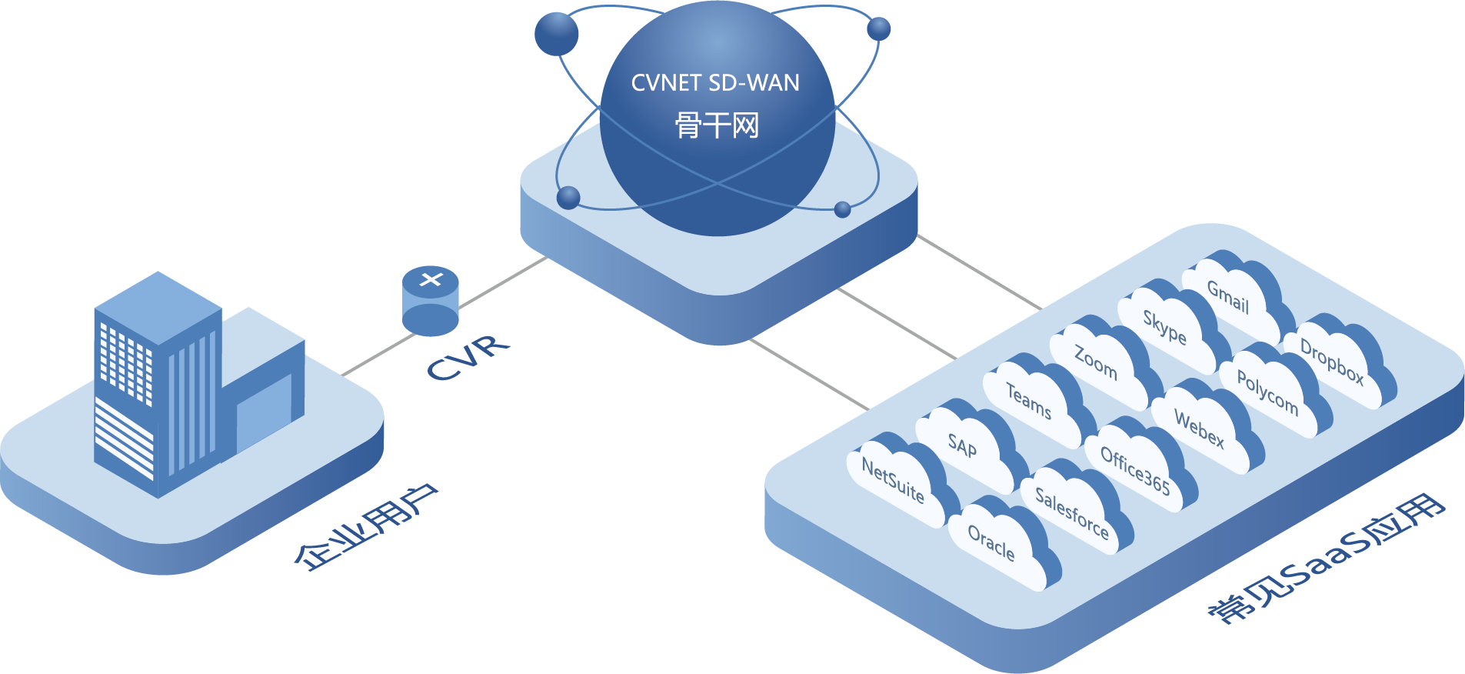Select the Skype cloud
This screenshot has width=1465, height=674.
(1164, 327)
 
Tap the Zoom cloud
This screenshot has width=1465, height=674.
(1096, 362)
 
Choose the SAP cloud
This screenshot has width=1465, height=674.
(963, 446)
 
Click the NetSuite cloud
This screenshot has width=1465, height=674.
(894, 482)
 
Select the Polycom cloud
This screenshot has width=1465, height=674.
(1268, 392)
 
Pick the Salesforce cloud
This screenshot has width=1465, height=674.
(1072, 511)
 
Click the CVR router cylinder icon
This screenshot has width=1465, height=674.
(431, 301)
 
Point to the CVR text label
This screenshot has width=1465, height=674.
(468, 358)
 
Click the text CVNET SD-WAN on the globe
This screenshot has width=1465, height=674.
(715, 83)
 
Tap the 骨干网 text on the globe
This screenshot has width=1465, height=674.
(717, 125)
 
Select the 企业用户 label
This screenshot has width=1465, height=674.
(366, 528)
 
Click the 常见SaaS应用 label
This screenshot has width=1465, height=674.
(1327, 557)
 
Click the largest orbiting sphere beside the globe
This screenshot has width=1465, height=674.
(556, 34)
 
